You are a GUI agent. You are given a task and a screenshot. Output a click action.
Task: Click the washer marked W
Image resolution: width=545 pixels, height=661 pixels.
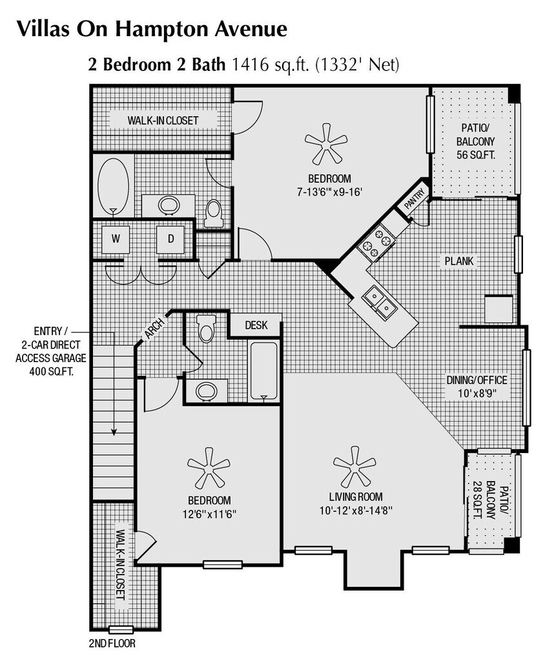[116, 239]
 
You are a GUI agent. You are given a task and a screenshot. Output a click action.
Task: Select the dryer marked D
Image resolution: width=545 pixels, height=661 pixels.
[170, 239]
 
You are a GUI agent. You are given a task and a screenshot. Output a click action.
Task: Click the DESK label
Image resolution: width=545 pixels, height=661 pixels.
[256, 325]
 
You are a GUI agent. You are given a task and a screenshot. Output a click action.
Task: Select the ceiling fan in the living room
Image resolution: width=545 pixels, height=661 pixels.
[355, 465]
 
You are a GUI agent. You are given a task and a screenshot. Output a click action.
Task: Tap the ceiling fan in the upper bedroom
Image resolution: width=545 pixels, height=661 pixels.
[326, 144]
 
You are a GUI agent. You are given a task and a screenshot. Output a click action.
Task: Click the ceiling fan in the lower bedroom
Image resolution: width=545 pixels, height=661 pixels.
[209, 467]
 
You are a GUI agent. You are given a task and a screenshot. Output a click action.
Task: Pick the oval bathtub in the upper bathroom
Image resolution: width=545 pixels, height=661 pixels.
[113, 186]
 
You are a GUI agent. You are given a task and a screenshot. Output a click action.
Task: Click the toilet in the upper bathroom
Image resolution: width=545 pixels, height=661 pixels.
[213, 214]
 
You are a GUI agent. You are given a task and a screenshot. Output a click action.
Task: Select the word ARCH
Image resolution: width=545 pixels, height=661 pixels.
[154, 329]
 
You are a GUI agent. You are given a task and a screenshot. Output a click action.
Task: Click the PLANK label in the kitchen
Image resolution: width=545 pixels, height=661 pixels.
[459, 261]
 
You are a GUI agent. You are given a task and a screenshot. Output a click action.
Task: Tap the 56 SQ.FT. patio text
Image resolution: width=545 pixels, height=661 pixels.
[476, 155]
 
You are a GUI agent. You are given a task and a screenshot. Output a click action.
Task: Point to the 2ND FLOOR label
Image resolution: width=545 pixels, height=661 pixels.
[112, 644]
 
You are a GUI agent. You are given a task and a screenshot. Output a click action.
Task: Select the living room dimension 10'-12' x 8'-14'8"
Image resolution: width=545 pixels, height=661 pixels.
[356, 511]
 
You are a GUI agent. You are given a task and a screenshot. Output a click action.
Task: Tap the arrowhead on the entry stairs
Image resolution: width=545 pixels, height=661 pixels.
[114, 432]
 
